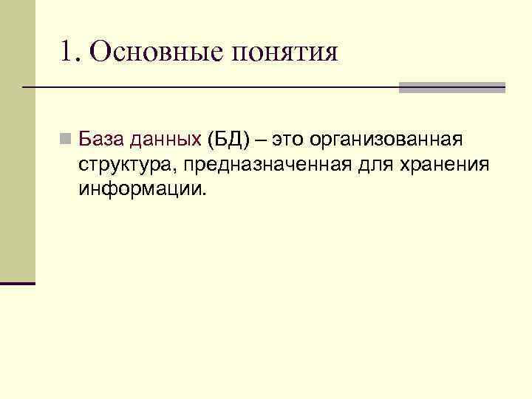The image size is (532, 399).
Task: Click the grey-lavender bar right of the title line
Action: pos(451,87)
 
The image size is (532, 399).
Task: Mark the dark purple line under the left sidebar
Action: pos(18,283)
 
